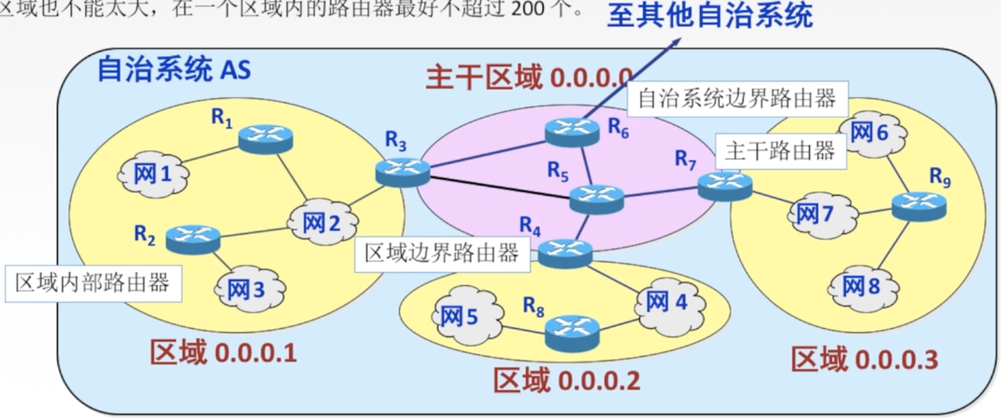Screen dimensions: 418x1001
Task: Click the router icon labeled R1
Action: point(266,139)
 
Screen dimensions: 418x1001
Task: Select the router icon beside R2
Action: point(193,240)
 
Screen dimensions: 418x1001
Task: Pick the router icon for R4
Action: point(565,253)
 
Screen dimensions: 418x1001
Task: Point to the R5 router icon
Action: point(596,199)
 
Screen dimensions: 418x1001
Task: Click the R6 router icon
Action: point(573,132)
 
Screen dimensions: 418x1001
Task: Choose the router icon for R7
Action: point(725,186)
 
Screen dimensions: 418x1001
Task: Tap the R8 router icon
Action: point(572,331)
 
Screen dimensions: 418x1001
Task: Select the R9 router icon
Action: point(919,206)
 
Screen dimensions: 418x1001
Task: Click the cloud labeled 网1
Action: point(153,174)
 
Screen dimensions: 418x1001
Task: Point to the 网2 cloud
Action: point(322,222)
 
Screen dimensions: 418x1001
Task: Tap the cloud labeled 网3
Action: point(246,290)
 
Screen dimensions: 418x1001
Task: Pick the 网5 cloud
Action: point(460,315)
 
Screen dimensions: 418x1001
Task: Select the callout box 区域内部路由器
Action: point(93,283)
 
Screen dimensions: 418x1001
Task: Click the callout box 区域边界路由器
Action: point(442,254)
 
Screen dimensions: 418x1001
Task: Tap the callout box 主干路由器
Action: point(780,151)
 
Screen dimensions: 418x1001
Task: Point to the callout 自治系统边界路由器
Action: point(737,99)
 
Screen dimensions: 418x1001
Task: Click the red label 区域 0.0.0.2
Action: point(567,380)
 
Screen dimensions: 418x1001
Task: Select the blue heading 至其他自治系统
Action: point(709,15)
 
